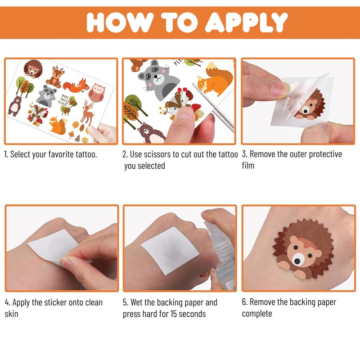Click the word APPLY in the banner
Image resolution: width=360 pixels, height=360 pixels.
(246, 22)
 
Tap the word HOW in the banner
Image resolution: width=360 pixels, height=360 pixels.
(120, 22)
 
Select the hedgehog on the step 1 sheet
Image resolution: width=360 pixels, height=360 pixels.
(33, 69)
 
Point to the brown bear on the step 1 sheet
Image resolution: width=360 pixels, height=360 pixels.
(15, 106)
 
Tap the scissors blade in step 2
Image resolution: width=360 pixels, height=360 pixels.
(213, 108)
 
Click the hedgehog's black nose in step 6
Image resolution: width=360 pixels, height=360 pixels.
(297, 261)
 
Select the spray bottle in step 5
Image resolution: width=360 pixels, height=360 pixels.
(219, 250)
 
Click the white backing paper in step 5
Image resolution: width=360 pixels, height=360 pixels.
(170, 250)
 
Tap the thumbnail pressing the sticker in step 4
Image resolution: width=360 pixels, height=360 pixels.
(65, 261)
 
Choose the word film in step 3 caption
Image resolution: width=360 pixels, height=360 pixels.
(248, 165)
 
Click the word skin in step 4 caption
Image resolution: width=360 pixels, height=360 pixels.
(12, 314)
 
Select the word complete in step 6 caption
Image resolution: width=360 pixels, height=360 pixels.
(257, 314)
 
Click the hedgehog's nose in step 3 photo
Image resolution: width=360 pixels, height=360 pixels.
(306, 111)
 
